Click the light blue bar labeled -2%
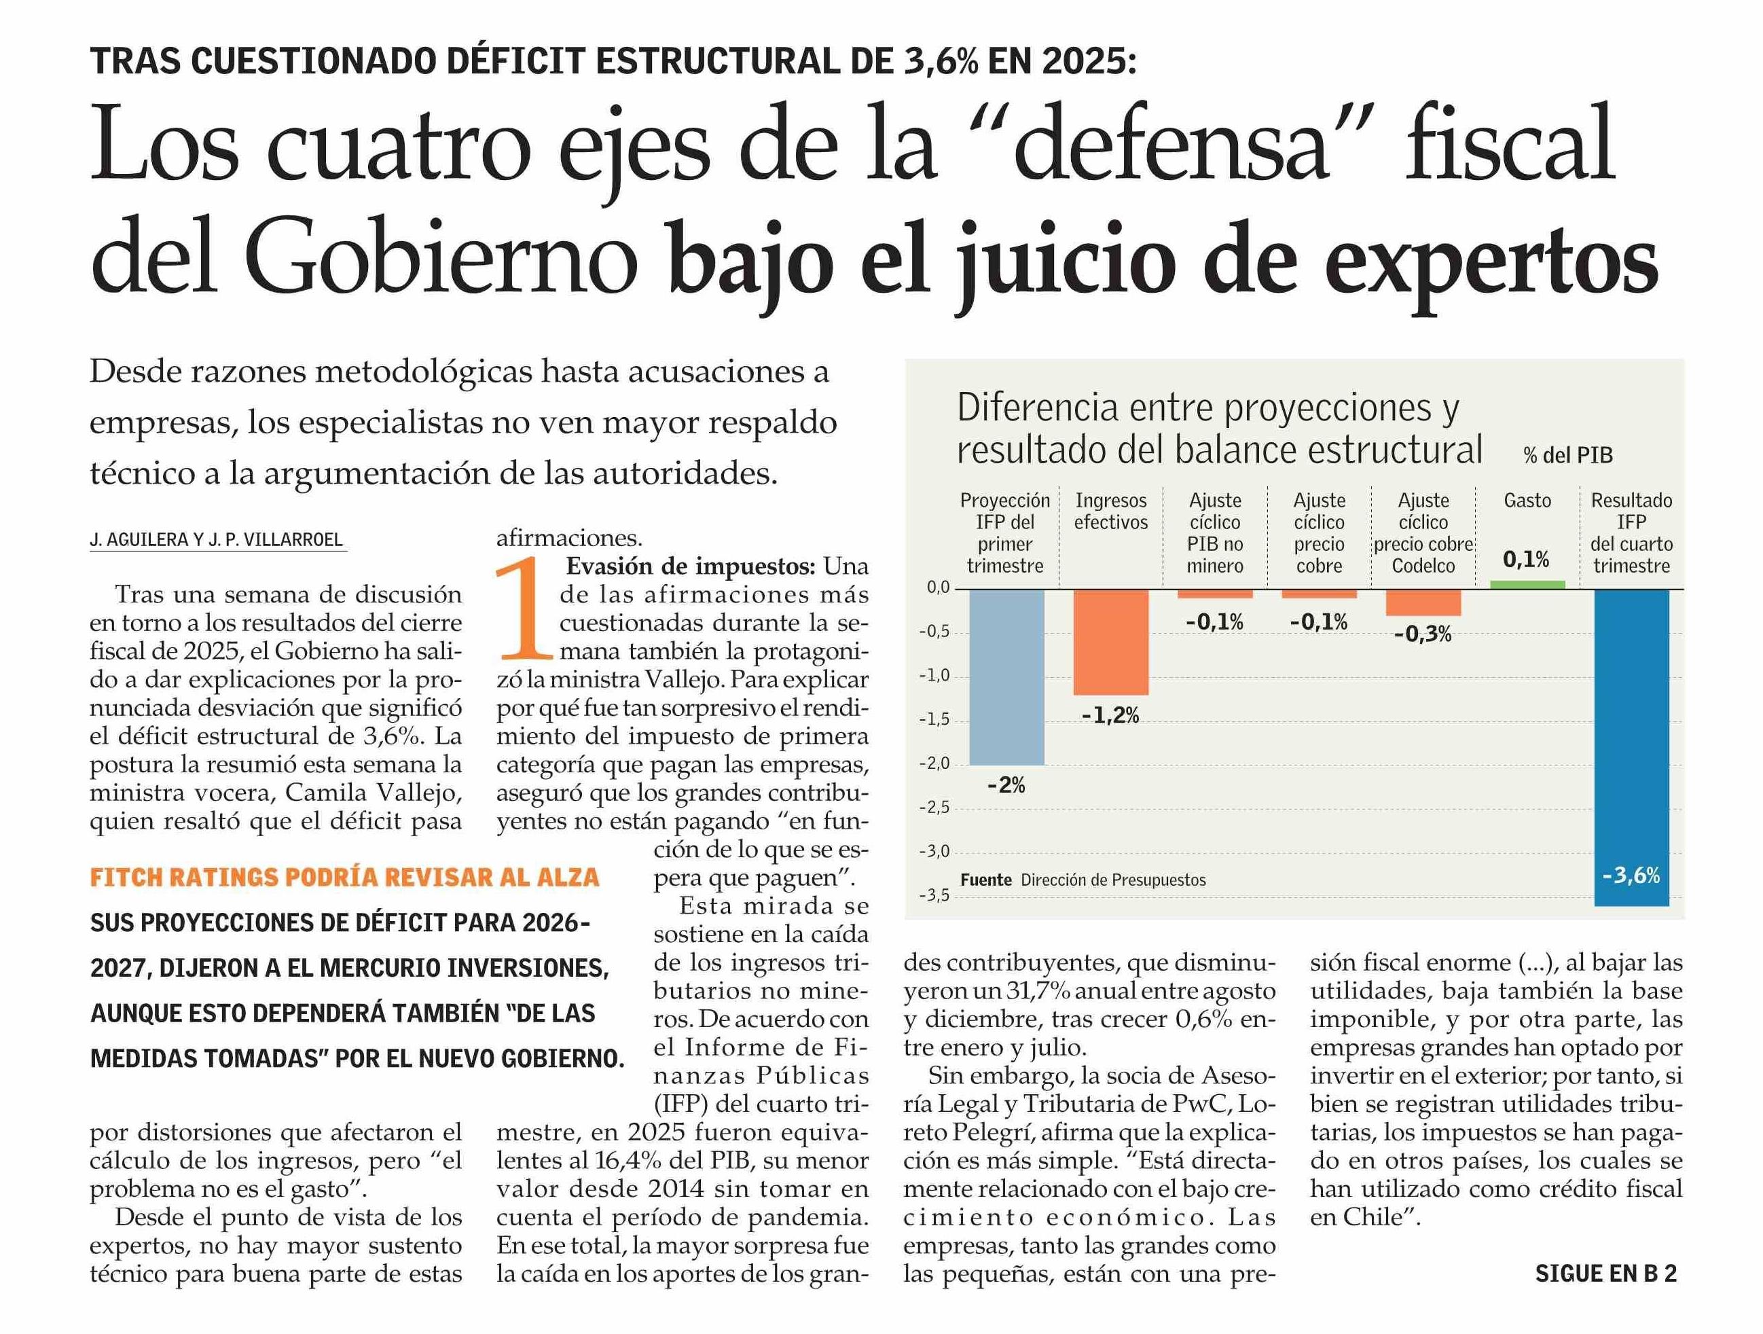point(1006,677)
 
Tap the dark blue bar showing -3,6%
point(1631,746)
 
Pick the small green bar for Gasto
point(1527,584)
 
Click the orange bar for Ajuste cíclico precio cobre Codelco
point(1423,602)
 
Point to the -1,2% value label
point(1110,715)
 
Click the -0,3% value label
point(1423,634)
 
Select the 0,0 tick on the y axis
point(937,588)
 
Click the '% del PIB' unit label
point(1567,455)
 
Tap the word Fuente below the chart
point(985,880)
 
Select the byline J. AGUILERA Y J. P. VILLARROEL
point(216,539)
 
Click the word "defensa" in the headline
point(1171,149)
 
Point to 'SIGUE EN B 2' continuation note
point(1605,1274)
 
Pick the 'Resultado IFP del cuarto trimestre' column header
point(1631,533)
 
